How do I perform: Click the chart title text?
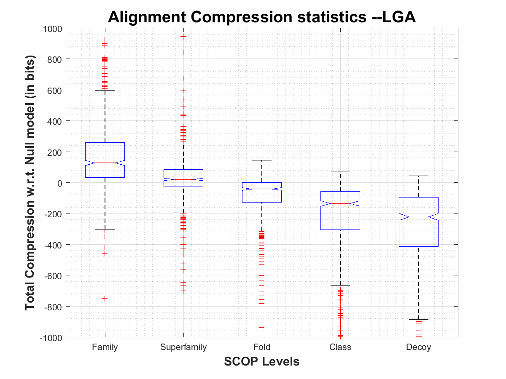coord(262,16)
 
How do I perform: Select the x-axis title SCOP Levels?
coord(262,361)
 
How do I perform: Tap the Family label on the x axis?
coord(105,347)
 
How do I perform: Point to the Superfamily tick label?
coord(183,347)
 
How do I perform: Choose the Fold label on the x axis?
coord(262,347)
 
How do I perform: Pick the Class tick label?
coord(340,347)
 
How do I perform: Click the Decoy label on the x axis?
coord(419,347)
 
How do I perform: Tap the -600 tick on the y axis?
coord(54,275)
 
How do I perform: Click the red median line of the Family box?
coord(105,163)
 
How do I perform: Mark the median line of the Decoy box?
coord(419,217)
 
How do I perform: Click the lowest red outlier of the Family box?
coord(105,299)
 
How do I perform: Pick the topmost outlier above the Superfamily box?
coord(183,37)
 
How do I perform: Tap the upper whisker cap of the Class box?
coord(340,171)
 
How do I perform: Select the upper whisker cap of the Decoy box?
coord(419,176)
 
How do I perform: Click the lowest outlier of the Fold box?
coord(262,327)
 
